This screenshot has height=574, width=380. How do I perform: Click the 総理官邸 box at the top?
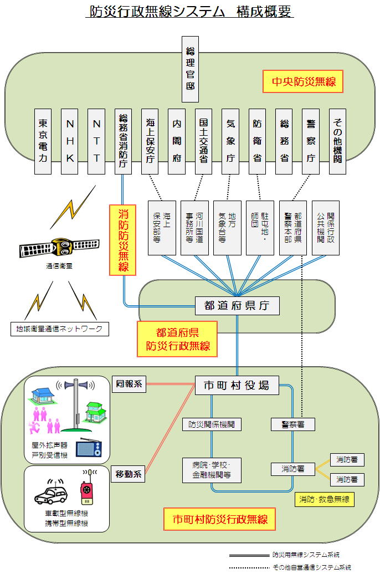[191, 69]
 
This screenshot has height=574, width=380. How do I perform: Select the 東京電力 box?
[43, 141]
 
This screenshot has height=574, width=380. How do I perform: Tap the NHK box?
[70, 141]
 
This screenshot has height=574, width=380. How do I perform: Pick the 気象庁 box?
[230, 141]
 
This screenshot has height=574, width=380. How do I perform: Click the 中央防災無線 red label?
[304, 83]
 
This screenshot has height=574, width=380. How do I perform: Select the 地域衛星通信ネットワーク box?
[60, 329]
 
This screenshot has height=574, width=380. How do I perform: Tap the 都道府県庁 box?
[237, 305]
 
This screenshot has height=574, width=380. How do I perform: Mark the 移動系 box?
[129, 474]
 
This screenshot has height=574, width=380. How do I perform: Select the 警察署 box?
[293, 424]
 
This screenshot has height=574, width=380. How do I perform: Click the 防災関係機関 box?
[212, 424]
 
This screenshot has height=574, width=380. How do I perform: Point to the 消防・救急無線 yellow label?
[325, 499]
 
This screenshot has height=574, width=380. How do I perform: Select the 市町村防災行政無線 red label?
[220, 519]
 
